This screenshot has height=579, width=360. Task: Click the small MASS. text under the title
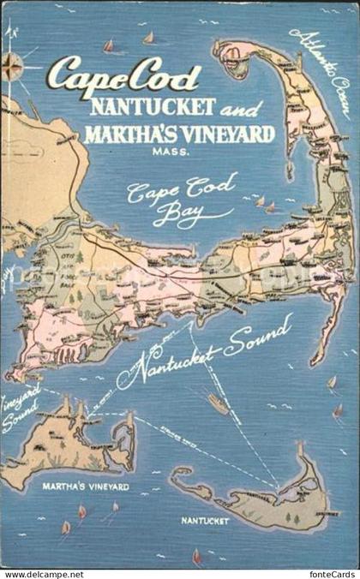pos(185,152)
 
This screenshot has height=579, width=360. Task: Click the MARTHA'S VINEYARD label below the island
pos(86,486)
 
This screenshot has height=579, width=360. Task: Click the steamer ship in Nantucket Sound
pos(218,403)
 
